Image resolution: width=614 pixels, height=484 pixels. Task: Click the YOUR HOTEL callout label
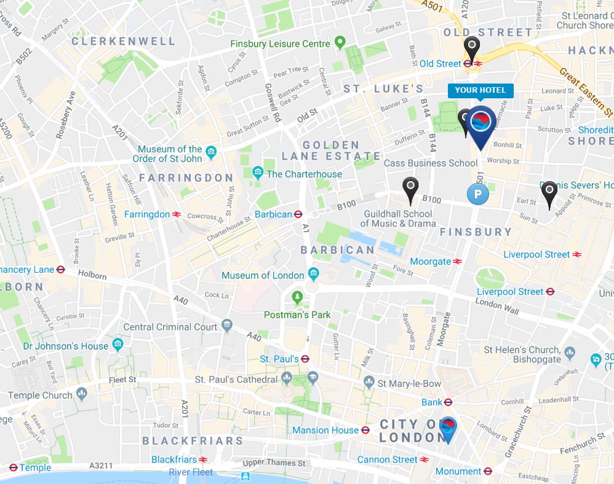point(480,90)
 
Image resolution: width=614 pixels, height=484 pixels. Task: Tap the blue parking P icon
point(477,195)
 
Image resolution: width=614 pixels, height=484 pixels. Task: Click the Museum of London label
point(263,275)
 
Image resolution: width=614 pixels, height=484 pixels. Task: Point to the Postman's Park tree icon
point(298,298)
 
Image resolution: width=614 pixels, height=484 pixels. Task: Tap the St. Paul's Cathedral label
point(236,380)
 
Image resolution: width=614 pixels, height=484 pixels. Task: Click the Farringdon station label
point(146,214)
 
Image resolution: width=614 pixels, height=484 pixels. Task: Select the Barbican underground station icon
point(298,214)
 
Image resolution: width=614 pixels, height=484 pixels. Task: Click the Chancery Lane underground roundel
point(60,269)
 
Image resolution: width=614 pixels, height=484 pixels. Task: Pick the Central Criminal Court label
point(170,327)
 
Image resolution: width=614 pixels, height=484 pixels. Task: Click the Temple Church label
point(40,396)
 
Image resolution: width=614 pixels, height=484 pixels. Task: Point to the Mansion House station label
point(325,430)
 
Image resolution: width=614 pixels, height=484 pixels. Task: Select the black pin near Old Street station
point(471,47)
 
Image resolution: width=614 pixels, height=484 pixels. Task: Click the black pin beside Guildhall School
point(410,187)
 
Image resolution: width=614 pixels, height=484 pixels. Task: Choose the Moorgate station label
point(431,261)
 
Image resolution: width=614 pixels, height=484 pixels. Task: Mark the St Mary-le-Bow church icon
point(369,382)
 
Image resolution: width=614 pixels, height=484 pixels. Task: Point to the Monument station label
point(458,471)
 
